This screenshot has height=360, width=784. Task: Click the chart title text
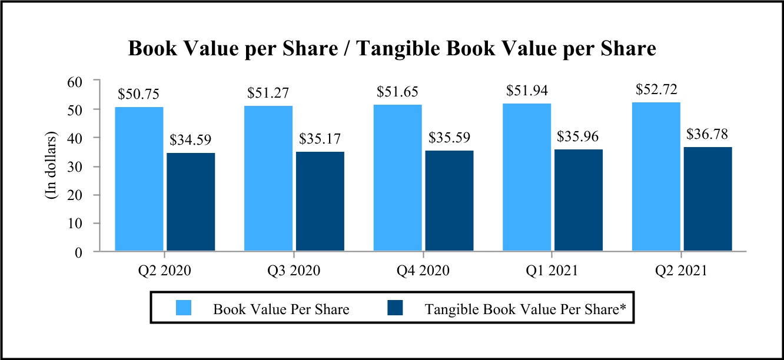(x=392, y=49)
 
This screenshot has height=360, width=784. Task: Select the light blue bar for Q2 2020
(x=139, y=179)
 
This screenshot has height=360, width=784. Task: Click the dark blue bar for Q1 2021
(x=579, y=201)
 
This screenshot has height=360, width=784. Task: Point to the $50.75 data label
(x=139, y=94)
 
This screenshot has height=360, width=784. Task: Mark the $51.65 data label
(x=397, y=92)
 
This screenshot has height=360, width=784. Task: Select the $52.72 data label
(x=656, y=89)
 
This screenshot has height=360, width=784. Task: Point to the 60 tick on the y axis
(x=78, y=81)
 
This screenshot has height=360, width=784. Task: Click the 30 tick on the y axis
(x=78, y=166)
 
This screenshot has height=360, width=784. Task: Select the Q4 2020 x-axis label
(x=423, y=271)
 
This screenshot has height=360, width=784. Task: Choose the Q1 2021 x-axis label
(x=552, y=271)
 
